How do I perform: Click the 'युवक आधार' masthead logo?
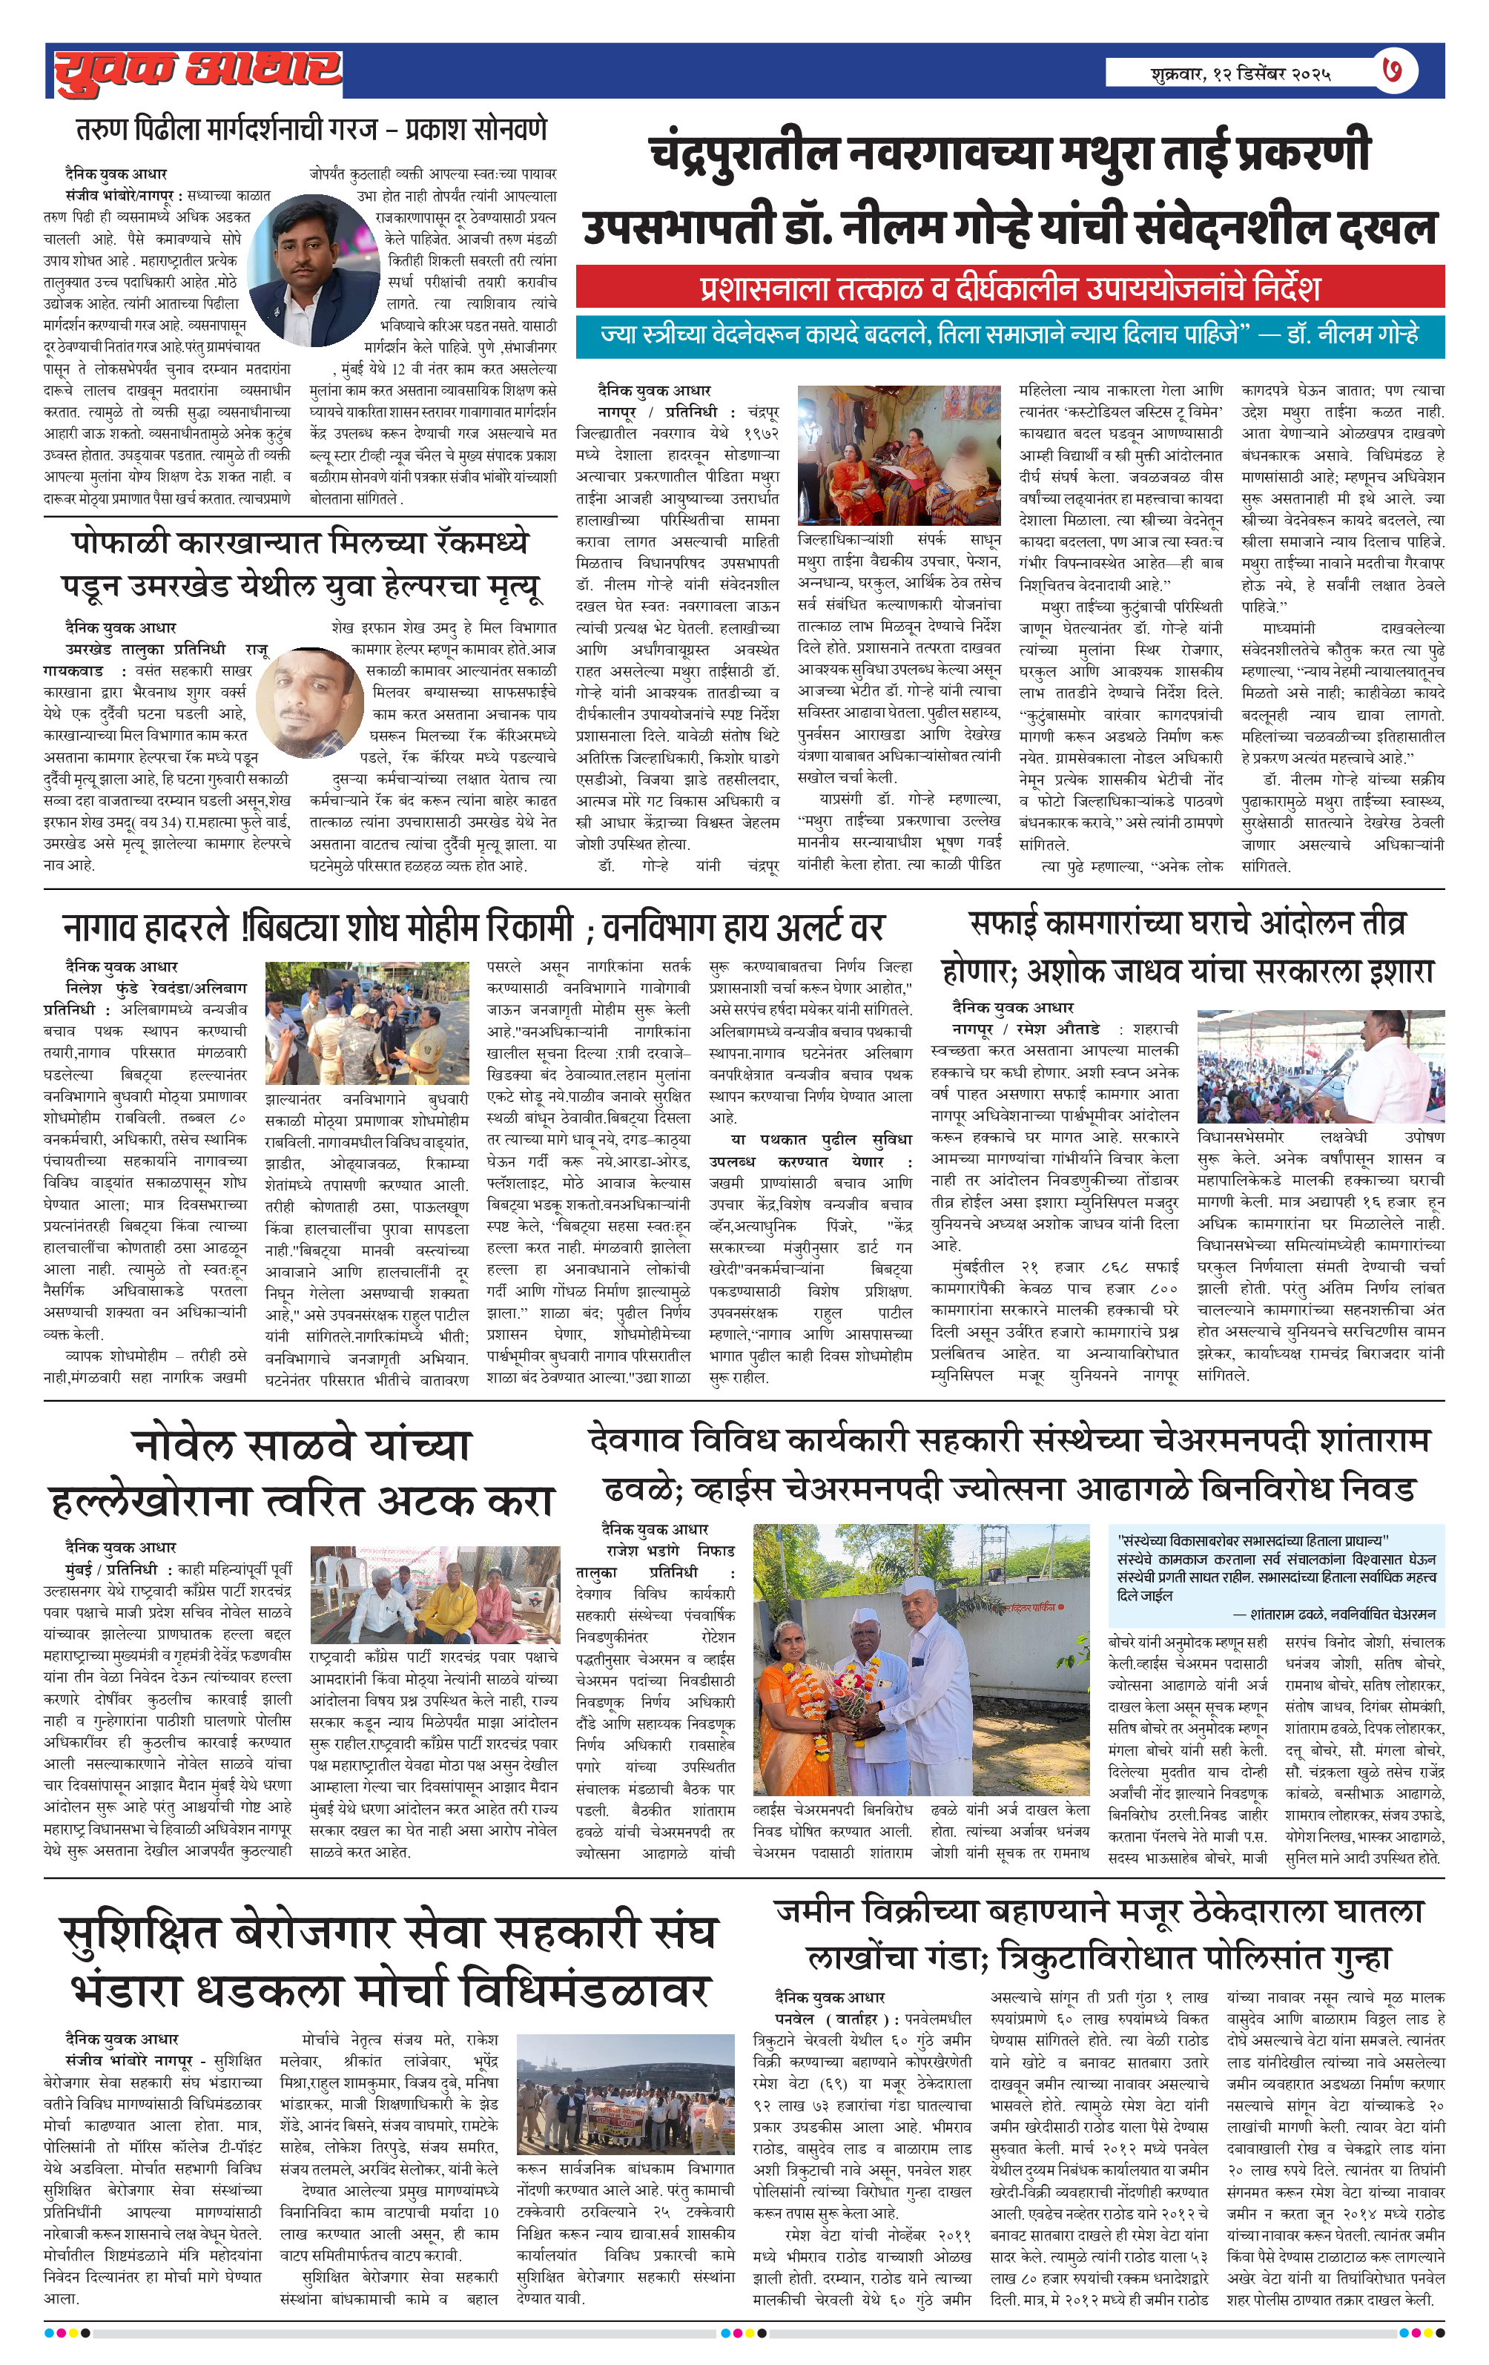197,70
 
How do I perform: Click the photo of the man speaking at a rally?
1320,1066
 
